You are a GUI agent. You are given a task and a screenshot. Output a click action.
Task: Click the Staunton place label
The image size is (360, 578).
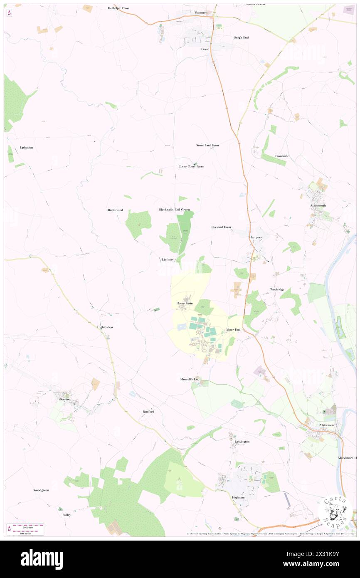coord(201,13)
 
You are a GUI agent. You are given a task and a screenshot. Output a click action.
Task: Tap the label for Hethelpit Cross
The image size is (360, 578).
coord(118,8)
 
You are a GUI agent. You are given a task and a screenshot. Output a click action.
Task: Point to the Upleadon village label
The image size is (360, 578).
coord(26,148)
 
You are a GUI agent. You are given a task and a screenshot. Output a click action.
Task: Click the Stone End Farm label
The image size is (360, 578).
coord(207,145)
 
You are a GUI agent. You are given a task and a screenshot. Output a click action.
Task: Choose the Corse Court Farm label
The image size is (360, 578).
coord(191,166)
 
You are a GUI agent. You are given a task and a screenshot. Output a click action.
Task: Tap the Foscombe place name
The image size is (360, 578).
coord(282,156)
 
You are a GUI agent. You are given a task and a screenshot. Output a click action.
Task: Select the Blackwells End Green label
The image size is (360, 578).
coord(174,210)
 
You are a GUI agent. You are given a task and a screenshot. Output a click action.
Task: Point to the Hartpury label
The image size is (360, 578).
coord(256,237)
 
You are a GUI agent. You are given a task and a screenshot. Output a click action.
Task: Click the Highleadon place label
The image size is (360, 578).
coord(105,327)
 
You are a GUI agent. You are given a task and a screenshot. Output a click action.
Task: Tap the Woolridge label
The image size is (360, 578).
coord(277,289)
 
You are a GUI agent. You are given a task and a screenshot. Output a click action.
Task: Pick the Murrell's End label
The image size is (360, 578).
coord(190,379)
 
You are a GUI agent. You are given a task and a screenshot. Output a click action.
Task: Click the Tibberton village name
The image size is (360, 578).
coord(64,399)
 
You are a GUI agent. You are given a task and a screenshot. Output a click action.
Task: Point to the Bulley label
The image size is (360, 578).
coord(67,514)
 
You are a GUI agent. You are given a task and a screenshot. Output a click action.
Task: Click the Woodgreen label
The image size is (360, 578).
coord(41,490)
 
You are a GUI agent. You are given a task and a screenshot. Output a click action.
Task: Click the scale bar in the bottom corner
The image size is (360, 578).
coord(27,528)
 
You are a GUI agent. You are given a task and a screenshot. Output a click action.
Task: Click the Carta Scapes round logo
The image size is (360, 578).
coord(335,512)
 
